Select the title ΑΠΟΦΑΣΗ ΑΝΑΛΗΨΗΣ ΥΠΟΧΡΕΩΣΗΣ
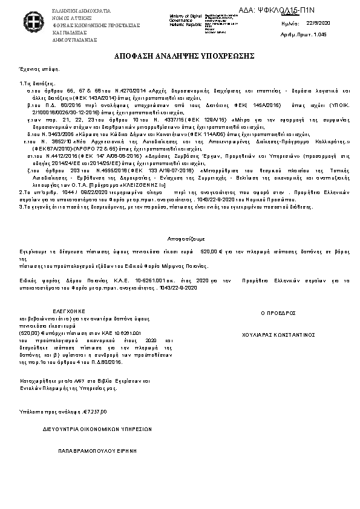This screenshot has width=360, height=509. pos(180,56)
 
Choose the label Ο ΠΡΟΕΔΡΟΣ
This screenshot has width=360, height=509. pos(278,313)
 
